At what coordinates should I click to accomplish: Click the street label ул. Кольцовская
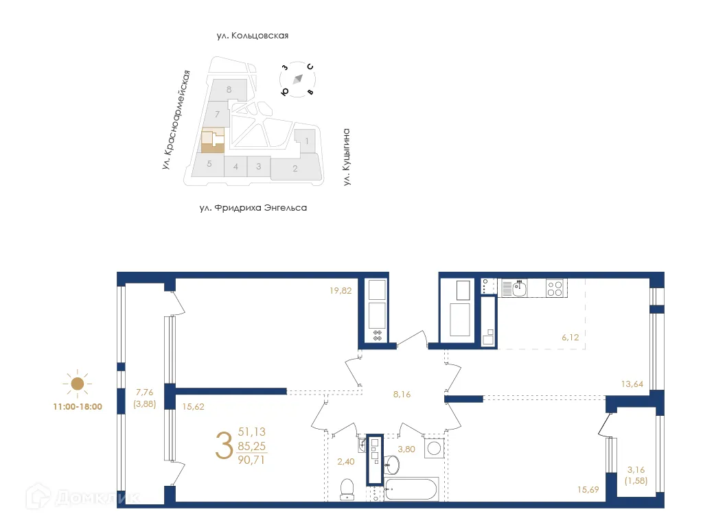(x=249, y=36)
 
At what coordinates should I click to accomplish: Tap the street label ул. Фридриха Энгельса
(x=253, y=207)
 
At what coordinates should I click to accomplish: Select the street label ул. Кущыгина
(x=347, y=157)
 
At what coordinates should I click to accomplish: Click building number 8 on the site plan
(x=228, y=89)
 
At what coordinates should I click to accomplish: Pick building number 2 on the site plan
(x=295, y=169)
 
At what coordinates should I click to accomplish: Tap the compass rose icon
(x=297, y=79)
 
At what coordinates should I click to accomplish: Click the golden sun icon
(x=78, y=384)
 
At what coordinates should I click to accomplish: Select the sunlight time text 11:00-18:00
(x=78, y=406)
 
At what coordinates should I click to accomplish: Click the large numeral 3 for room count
(x=223, y=446)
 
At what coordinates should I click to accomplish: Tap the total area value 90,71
(x=251, y=460)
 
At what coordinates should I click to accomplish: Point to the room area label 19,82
(x=341, y=290)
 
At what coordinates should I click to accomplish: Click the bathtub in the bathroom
(x=410, y=490)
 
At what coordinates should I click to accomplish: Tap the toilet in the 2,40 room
(x=347, y=487)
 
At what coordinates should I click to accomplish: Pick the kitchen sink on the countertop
(x=520, y=288)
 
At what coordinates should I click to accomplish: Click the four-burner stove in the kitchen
(x=555, y=288)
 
